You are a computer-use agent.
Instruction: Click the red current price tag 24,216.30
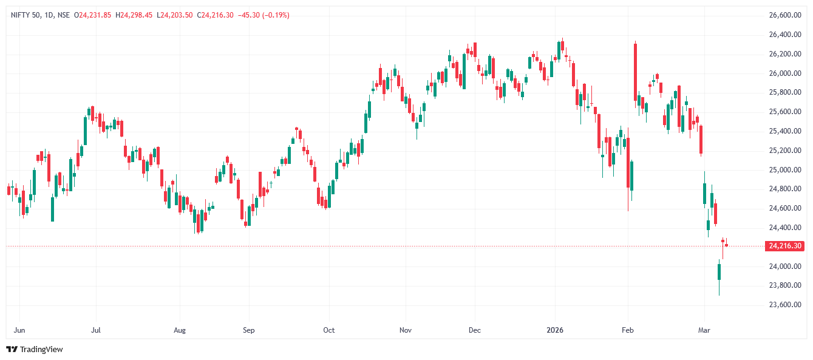point(785,246)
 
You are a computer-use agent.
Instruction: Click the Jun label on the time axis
point(19,331)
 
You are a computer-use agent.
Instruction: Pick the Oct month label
point(328,331)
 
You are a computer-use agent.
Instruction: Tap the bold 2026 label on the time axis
point(555,331)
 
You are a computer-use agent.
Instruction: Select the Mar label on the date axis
point(704,331)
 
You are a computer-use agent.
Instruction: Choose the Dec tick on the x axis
point(475,331)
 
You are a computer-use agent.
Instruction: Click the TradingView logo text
point(41,350)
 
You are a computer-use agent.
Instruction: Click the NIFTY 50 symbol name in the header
point(25,15)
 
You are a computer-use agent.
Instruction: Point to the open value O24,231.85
point(92,15)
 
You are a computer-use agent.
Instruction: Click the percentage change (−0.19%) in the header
point(275,15)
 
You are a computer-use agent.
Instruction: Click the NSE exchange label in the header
point(63,15)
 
